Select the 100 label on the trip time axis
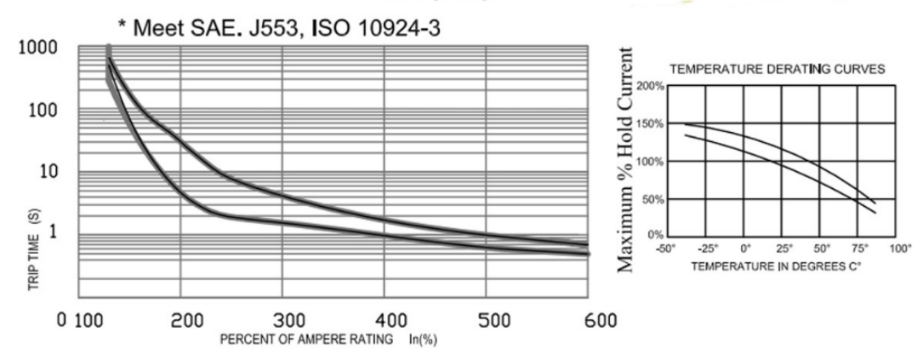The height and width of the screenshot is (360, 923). pos(42,111)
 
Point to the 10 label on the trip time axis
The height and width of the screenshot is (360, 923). pos(47,172)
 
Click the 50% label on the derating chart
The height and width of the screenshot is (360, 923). pos(652,199)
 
